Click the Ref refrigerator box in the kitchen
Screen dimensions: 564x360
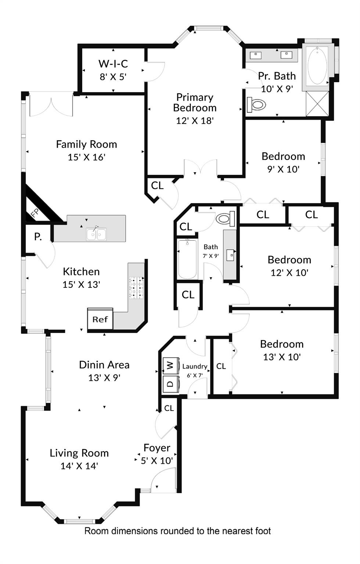[100, 319]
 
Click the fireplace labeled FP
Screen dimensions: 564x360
[35, 213]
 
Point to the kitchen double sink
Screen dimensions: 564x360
[97, 234]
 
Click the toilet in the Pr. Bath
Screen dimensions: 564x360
[256, 105]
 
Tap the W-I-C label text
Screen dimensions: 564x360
[113, 64]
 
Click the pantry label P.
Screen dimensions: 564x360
[38, 237]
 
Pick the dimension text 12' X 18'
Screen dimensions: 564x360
[195, 120]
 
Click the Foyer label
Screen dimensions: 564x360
[157, 448]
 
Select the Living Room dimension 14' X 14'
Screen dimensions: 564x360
[79, 466]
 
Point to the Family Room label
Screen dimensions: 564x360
[86, 144]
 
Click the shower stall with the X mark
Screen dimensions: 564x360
[317, 104]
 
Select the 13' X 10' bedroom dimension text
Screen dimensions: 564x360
[282, 357]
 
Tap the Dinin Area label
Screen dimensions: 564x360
[104, 365]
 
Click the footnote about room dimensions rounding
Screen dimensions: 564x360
[177, 531]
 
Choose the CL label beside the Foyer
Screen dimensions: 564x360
[169, 408]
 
